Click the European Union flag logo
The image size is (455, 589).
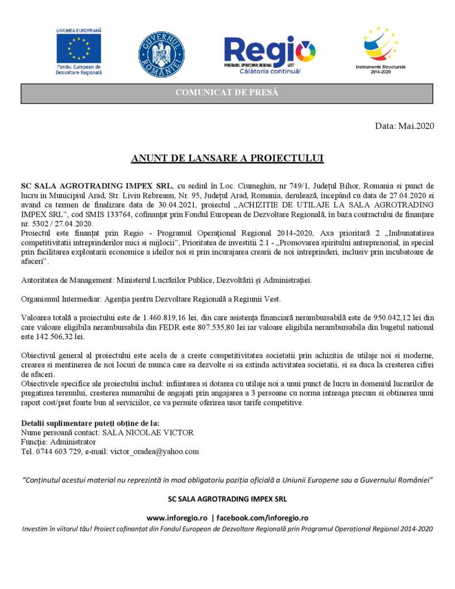(x=79, y=48)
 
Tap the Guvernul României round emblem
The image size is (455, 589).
(x=161, y=55)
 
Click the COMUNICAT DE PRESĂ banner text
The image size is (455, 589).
(x=227, y=93)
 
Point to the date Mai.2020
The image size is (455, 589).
(x=416, y=125)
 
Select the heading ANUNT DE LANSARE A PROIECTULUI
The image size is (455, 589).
(x=227, y=158)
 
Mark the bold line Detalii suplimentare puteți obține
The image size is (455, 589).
(x=90, y=423)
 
